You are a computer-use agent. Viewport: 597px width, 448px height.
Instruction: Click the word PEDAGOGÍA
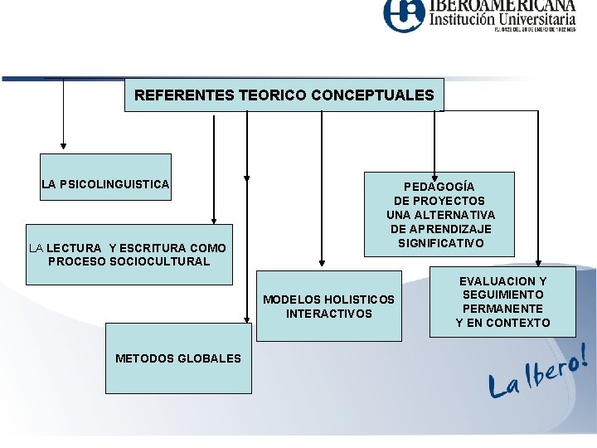[439, 187]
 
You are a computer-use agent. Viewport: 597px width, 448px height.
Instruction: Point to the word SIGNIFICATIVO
[440, 243]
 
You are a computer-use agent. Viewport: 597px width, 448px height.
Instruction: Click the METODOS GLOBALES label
[178, 358]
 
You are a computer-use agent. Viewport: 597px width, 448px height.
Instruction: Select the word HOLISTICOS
[359, 299]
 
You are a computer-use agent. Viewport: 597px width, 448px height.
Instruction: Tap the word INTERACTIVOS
[329, 314]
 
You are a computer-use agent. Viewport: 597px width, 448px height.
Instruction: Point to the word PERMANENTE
[502, 309]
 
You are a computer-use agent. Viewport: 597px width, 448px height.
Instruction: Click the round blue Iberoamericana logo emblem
[404, 16]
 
